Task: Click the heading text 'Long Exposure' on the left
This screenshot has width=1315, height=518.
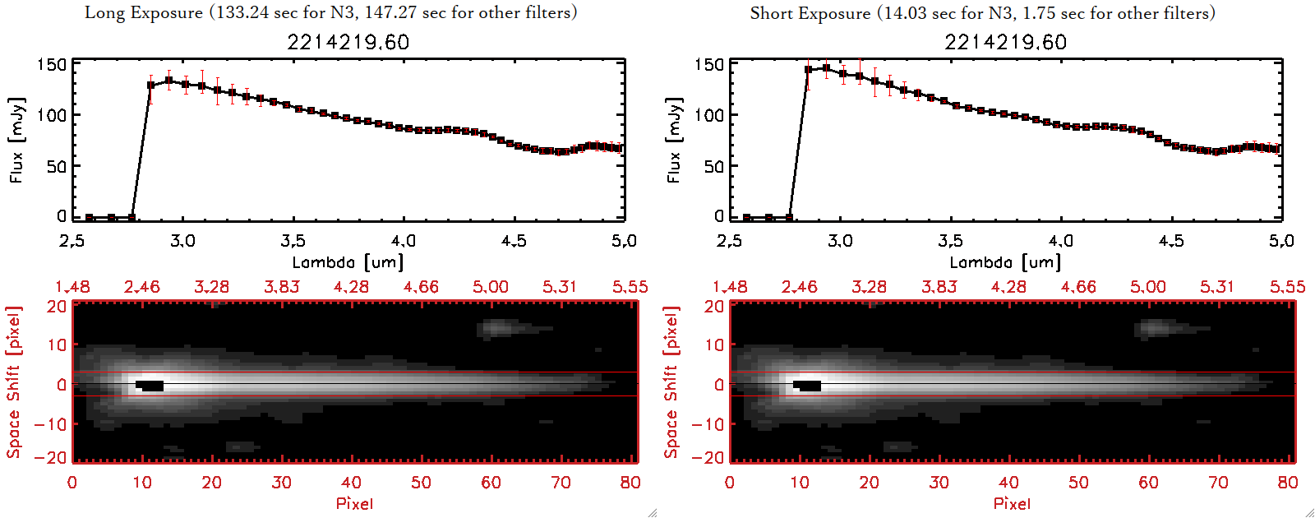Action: tap(144, 12)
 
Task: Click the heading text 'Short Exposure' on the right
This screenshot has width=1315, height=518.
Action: tap(810, 13)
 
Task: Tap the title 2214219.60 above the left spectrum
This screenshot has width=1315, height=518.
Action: tap(348, 42)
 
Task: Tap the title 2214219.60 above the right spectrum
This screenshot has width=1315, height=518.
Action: tap(1005, 42)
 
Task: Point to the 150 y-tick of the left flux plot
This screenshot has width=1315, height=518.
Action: tap(51, 64)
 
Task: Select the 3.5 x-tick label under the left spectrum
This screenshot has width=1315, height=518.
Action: tap(293, 241)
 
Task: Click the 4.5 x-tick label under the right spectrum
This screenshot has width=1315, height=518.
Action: tap(1171, 241)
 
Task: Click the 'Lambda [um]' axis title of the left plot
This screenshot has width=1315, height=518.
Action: tap(348, 262)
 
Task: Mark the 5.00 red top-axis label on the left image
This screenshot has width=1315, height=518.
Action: tap(490, 287)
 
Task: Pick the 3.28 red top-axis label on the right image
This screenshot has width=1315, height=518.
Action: tap(869, 287)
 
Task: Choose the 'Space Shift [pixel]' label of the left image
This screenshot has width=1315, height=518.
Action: tap(14, 382)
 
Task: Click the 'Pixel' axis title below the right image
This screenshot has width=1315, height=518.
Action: tap(1012, 503)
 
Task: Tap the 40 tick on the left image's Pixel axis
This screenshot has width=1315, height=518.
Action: tap(351, 483)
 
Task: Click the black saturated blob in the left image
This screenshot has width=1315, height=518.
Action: tap(150, 385)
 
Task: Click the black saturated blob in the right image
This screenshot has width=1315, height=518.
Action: tap(808, 385)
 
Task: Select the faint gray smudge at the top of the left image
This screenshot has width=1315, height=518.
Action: tap(497, 328)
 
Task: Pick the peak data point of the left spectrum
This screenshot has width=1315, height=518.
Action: tap(169, 81)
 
